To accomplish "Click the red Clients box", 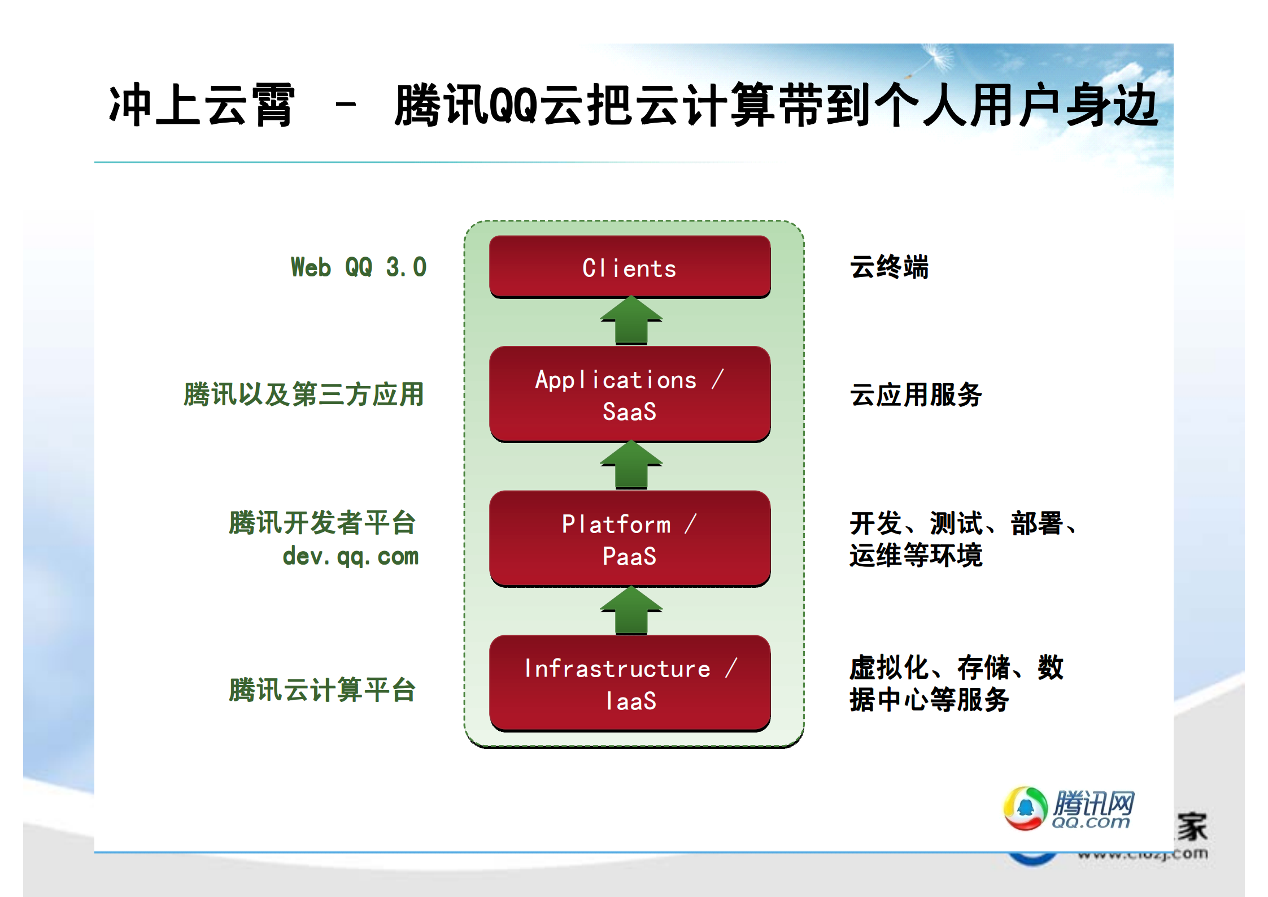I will [x=630, y=267].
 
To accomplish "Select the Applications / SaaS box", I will [x=630, y=394].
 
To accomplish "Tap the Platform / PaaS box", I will [x=630, y=539].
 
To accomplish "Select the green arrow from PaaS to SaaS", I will [x=631, y=465].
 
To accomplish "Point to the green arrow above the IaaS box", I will [x=631, y=610].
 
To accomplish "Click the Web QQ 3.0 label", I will [x=359, y=267].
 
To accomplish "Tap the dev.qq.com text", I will [x=351, y=556].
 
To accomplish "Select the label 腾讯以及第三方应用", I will [x=303, y=395].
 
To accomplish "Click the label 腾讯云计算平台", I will [x=322, y=690].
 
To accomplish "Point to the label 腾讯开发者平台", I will [x=322, y=522].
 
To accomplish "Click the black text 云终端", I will [x=889, y=267].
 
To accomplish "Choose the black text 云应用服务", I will [x=916, y=395].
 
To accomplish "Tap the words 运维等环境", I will [x=916, y=555].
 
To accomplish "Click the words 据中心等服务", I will [x=929, y=700].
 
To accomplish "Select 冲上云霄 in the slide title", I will [x=202, y=105].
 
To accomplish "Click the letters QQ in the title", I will [x=512, y=105].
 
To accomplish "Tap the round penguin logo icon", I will [x=1025, y=808].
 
